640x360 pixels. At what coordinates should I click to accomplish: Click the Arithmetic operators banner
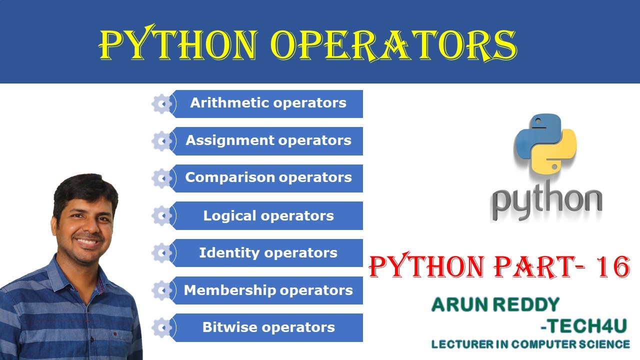click(x=268, y=103)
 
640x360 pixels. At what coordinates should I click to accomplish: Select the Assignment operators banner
click(x=268, y=141)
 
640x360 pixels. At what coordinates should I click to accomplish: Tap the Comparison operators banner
click(x=268, y=178)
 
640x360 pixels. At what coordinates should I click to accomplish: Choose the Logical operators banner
click(x=268, y=216)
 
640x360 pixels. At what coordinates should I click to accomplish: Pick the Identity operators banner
click(x=268, y=253)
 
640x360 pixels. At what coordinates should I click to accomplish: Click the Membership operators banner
click(x=268, y=290)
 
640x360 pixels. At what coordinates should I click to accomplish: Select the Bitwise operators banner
click(x=268, y=327)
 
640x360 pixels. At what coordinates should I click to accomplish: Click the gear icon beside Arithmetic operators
click(x=161, y=104)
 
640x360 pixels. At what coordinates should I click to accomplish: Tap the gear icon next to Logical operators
click(x=161, y=216)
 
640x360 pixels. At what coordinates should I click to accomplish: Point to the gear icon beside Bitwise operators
click(x=161, y=327)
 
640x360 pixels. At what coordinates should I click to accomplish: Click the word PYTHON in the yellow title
click(x=177, y=45)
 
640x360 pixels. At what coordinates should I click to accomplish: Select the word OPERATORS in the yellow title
click(x=393, y=45)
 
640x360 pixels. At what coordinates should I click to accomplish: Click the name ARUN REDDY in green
click(x=495, y=304)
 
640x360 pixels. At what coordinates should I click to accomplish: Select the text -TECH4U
click(x=583, y=326)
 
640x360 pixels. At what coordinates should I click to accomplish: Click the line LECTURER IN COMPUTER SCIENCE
click(x=530, y=344)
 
